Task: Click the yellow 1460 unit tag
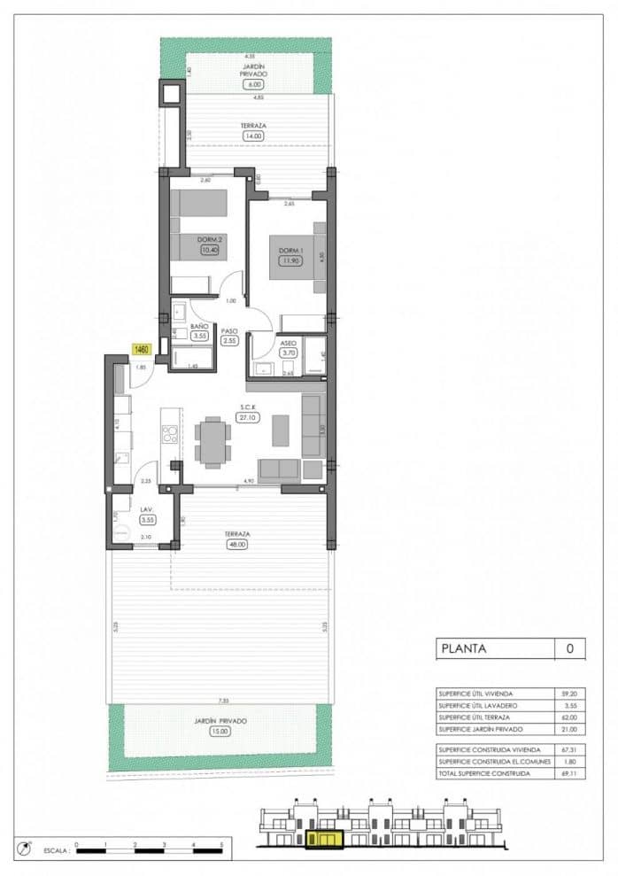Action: point(142,349)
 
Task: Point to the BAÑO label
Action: point(200,327)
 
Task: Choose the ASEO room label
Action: point(288,342)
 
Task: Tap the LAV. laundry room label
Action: point(147,510)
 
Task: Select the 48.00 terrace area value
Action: point(236,545)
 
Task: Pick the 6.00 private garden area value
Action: point(254,84)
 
